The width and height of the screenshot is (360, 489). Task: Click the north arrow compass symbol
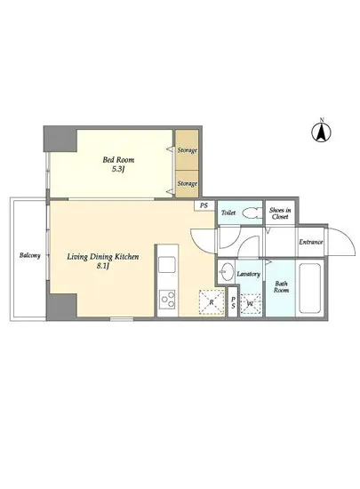(322, 132)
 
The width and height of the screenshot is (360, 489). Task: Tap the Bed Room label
(118, 160)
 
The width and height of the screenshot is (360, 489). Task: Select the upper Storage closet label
(188, 150)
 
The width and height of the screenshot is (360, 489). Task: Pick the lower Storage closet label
(188, 183)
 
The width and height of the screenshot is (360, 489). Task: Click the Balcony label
(30, 255)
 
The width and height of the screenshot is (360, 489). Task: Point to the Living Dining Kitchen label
(103, 257)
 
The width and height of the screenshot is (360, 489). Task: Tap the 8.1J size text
(103, 267)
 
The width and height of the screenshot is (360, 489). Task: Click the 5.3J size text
(118, 170)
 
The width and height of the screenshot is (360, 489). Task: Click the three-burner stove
(167, 300)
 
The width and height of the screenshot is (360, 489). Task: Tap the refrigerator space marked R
(212, 302)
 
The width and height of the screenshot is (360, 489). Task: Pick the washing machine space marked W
(251, 303)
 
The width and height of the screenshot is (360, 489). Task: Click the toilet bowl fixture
(252, 213)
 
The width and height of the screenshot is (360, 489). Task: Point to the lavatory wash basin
(227, 271)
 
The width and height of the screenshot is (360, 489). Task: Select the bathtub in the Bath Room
(310, 288)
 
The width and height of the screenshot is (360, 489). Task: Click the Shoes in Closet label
(280, 213)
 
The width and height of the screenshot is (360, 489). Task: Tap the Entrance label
(311, 242)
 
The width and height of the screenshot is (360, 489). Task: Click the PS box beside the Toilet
(204, 206)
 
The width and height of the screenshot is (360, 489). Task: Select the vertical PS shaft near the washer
(233, 302)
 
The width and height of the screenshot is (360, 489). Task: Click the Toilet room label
(228, 213)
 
